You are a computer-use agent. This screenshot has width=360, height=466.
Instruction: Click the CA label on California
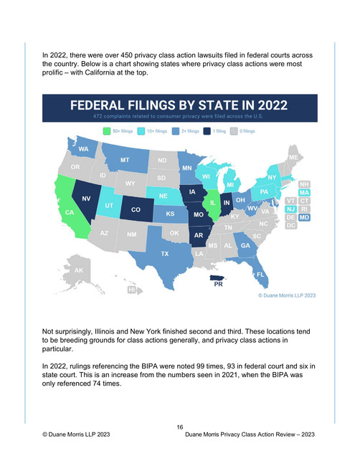[70, 212]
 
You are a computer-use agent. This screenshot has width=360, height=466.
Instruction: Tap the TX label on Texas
[165, 254]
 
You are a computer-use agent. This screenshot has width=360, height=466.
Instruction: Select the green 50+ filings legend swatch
[107, 131]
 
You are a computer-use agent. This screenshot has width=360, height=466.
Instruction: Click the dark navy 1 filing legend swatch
[207, 131]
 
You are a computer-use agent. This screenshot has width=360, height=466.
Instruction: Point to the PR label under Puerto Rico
[218, 284]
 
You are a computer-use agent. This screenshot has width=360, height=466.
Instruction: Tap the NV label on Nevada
[86, 199]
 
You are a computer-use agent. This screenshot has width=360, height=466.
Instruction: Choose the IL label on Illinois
[213, 203]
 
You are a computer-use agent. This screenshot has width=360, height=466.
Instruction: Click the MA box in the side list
[304, 193]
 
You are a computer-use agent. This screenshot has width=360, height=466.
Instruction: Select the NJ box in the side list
[290, 209]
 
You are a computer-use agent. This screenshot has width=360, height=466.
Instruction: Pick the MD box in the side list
[304, 217]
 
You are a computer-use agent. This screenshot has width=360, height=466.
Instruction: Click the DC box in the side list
[290, 226]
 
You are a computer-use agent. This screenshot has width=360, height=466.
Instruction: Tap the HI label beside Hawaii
[131, 290]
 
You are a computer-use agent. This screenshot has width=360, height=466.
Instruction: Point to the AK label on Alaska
[79, 270]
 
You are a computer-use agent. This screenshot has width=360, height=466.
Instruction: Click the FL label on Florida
[260, 275]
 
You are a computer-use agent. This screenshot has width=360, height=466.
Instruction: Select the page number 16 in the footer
[180, 427]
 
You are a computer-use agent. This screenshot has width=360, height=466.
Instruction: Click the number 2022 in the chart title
[273, 105]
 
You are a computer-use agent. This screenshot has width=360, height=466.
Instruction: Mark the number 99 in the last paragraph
[200, 366]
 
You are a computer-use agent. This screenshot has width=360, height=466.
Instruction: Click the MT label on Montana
[125, 160]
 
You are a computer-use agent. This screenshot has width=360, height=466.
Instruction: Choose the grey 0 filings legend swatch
[234, 131]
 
